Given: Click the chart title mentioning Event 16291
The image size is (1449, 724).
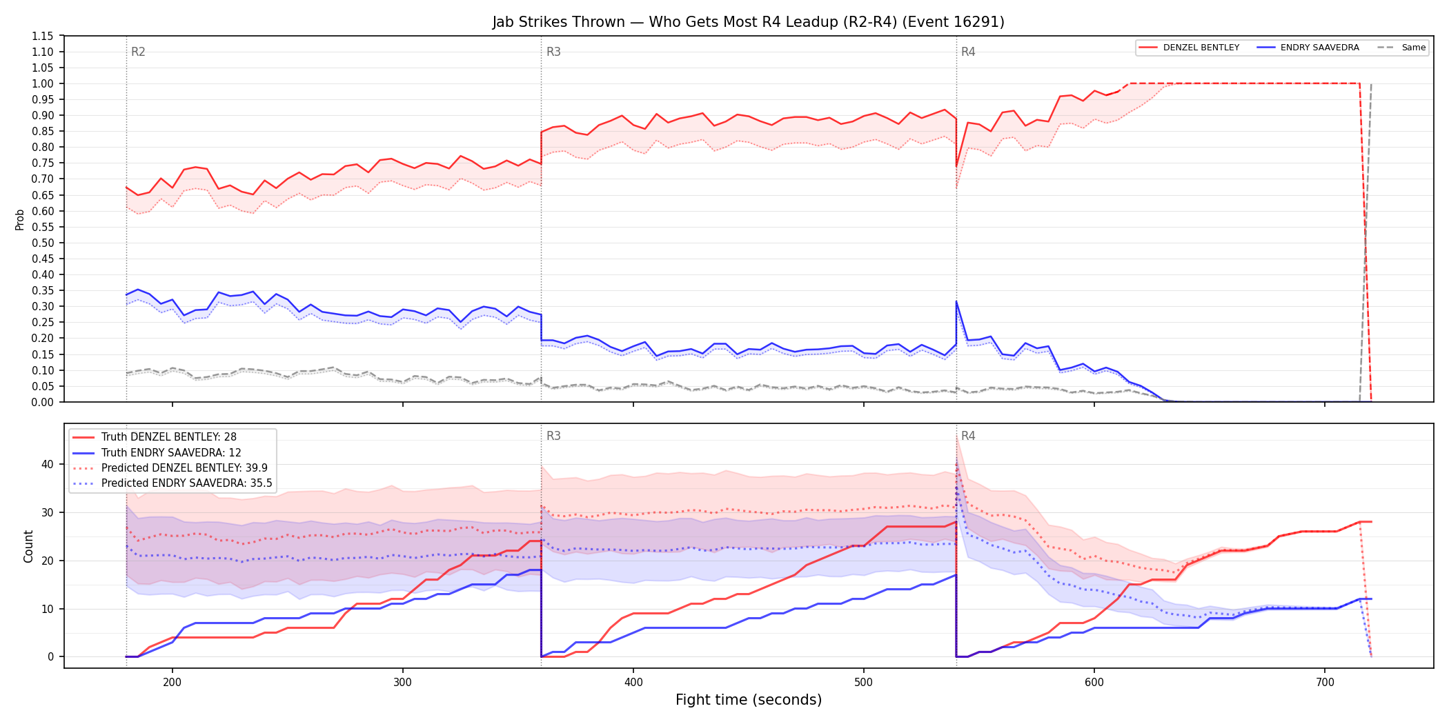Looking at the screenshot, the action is pyautogui.click(x=748, y=22).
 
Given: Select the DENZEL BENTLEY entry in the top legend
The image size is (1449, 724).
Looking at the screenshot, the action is pyautogui.click(x=1189, y=48).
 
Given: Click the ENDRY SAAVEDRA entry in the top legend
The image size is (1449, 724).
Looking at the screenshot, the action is pyautogui.click(x=1308, y=48).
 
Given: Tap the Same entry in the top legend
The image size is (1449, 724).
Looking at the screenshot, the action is pyautogui.click(x=1401, y=48).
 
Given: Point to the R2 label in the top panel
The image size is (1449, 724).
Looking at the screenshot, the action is pyautogui.click(x=138, y=52).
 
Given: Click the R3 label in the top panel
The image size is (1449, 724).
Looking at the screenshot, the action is pyautogui.click(x=553, y=52).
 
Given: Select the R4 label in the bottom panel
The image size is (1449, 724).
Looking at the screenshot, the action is pyautogui.click(x=968, y=436).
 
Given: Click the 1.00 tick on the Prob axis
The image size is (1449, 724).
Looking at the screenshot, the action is pyautogui.click(x=43, y=83).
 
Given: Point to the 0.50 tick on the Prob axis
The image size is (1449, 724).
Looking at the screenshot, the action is pyautogui.click(x=43, y=243).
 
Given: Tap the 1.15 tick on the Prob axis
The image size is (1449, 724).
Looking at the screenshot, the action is pyautogui.click(x=43, y=36).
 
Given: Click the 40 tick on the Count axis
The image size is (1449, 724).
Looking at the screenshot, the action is pyautogui.click(x=48, y=464).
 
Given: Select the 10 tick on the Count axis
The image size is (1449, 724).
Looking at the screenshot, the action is pyautogui.click(x=48, y=609).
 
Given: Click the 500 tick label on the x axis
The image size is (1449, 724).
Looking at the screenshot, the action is pyautogui.click(x=864, y=682).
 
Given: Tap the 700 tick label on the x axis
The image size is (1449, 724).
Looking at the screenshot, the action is pyautogui.click(x=1325, y=682).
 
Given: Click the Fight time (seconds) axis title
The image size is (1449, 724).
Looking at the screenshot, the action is pyautogui.click(x=749, y=700).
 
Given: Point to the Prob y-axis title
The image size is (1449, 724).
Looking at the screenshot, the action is pyautogui.click(x=20, y=219).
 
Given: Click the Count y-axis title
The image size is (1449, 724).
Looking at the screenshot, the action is pyautogui.click(x=28, y=546).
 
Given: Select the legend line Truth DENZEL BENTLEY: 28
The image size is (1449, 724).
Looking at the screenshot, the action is pyautogui.click(x=155, y=437).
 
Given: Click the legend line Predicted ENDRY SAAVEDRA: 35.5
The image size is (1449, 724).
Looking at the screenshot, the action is pyautogui.click(x=172, y=483).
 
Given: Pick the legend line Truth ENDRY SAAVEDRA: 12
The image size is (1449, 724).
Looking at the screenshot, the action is pyautogui.click(x=157, y=452).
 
